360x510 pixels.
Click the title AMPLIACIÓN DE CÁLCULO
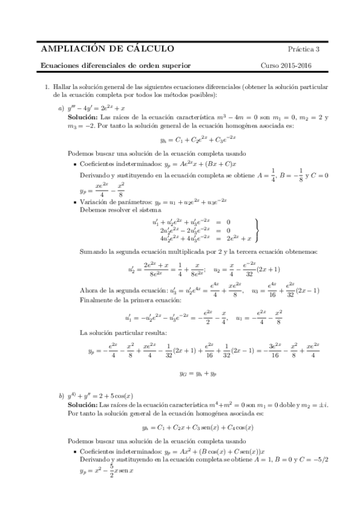pos(107,49)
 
